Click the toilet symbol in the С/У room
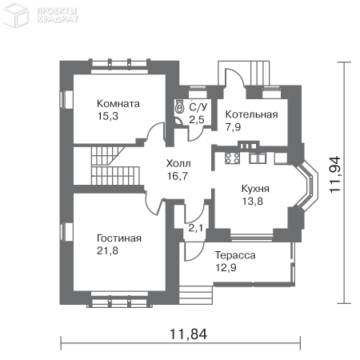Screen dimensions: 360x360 179,107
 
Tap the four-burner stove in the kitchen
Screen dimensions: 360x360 232,158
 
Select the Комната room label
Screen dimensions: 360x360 118,103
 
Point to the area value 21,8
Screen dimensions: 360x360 107,250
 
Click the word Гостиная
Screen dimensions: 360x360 119,238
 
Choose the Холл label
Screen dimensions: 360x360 178,163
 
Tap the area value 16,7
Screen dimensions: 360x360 178,176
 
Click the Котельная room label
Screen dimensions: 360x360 251,114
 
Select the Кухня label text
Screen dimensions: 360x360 255,189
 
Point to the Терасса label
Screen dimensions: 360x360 235,255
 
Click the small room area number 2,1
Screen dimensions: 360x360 196,228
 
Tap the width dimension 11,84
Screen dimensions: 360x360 188,334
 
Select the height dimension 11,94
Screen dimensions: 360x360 335,174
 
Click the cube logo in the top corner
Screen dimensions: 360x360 15,14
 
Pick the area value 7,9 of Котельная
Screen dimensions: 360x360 233,127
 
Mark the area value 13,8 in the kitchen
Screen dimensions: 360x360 252,201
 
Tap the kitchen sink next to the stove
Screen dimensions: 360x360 258,158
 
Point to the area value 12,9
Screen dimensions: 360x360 226,267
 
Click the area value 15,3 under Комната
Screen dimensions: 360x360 107,116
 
